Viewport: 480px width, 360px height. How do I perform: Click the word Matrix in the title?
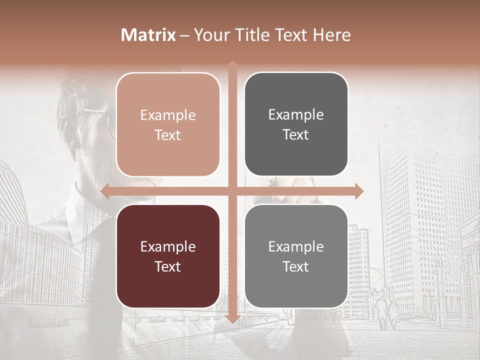[x=148, y=35]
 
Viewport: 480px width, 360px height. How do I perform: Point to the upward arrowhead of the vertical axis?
[x=232, y=65]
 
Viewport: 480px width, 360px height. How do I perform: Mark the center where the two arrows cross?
[x=232, y=191]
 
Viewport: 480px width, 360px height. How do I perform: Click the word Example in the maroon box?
[x=168, y=247]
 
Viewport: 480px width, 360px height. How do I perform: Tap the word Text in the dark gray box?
[x=296, y=135]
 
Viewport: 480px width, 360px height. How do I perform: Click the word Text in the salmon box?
[x=168, y=135]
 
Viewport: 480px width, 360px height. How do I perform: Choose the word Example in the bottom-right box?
[x=296, y=246]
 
